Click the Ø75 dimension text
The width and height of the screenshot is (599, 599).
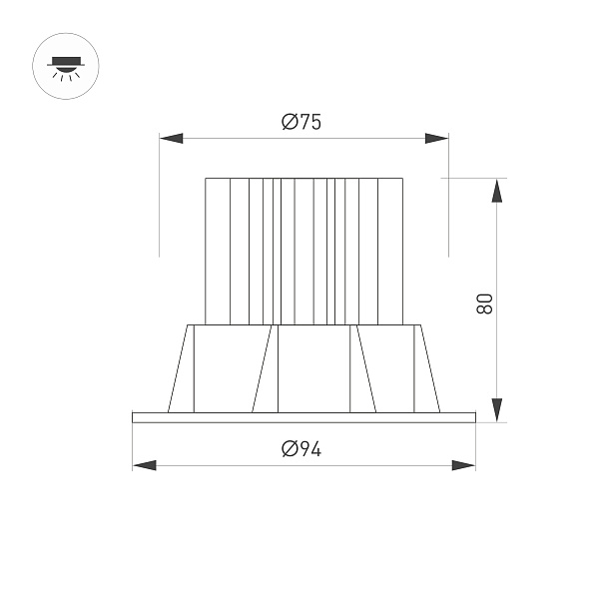tap(301, 122)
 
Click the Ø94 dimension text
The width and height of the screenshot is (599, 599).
tap(301, 449)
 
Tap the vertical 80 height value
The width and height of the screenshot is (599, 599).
tap(484, 303)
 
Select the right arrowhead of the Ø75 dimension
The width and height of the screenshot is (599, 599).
tap(435, 138)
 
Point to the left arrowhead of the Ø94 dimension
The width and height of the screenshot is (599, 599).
tap(144, 465)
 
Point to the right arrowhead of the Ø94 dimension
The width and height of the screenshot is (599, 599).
tap(463, 465)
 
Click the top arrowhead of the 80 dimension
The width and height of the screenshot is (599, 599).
tap(496, 191)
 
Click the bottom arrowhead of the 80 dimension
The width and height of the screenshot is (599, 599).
tap(496, 409)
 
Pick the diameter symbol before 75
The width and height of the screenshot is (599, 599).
tap(290, 122)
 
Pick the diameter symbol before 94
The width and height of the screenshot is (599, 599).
tap(290, 449)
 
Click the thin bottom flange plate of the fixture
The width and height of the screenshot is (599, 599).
tap(303, 417)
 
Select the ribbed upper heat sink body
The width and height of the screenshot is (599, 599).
tap(303, 250)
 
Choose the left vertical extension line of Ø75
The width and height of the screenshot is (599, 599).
tap(160, 200)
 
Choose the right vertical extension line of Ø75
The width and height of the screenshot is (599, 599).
tap(447, 200)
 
